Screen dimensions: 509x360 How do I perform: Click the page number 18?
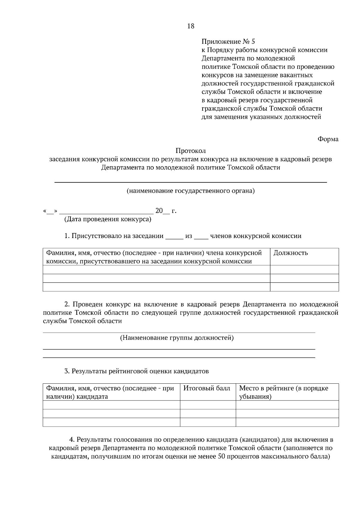click(191, 26)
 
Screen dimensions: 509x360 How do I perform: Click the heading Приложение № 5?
click(228, 41)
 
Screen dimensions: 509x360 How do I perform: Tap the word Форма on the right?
click(328, 139)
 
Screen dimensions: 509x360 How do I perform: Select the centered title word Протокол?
click(191, 150)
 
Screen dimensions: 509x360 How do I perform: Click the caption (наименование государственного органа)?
click(190, 191)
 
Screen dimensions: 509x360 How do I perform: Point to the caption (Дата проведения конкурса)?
click(108, 219)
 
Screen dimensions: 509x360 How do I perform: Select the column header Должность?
click(291, 253)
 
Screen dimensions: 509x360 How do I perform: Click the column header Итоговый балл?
click(207, 388)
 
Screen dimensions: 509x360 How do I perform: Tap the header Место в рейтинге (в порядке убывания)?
click(283, 392)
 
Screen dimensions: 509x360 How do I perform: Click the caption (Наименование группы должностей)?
click(177, 338)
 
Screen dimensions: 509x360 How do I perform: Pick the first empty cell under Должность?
click(304, 269)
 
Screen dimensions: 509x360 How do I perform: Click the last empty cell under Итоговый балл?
click(208, 422)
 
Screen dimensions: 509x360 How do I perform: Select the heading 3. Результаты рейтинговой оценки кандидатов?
click(136, 371)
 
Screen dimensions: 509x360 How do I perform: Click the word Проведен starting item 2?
click(88, 304)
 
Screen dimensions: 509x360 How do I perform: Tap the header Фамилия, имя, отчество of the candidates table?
click(110, 392)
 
